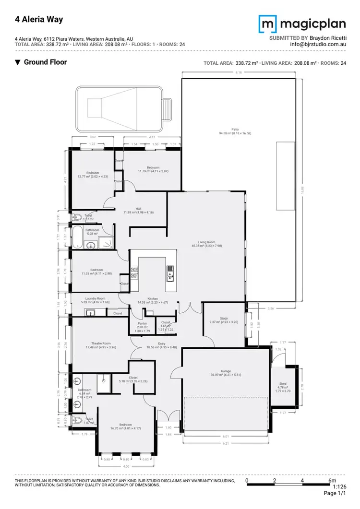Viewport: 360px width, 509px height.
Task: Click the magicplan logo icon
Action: [x=267, y=24]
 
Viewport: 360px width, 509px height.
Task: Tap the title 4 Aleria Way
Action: [x=32, y=20]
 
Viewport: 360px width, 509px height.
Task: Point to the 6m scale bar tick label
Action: [x=331, y=480]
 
